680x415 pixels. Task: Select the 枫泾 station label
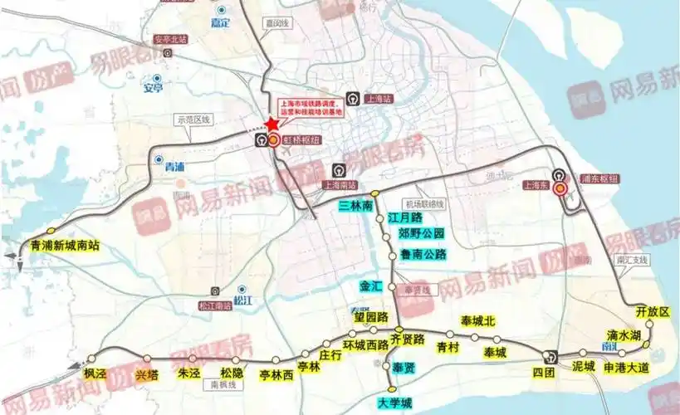[x=95, y=373]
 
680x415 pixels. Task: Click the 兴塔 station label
[x=146, y=374]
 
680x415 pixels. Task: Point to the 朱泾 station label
[x=189, y=373]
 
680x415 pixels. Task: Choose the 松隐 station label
[x=232, y=373]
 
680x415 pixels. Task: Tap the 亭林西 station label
[x=276, y=375]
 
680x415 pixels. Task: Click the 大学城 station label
[x=394, y=403]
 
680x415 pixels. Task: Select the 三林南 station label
[x=356, y=205]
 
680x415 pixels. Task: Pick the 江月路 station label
[x=405, y=217]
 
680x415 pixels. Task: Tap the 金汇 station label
[x=370, y=286]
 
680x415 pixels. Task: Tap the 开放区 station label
[x=652, y=311]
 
